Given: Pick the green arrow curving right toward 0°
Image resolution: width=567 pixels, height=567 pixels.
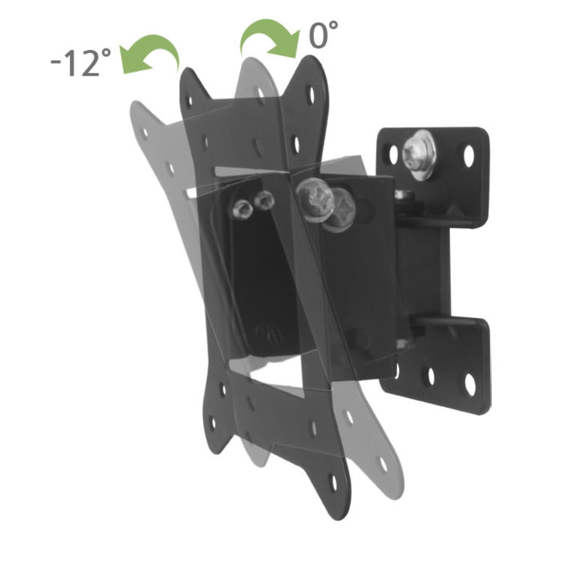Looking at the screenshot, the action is click(269, 38).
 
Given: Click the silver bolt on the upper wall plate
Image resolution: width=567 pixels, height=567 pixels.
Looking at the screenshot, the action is click(420, 155).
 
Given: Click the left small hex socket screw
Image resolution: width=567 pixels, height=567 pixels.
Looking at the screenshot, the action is click(242, 208).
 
